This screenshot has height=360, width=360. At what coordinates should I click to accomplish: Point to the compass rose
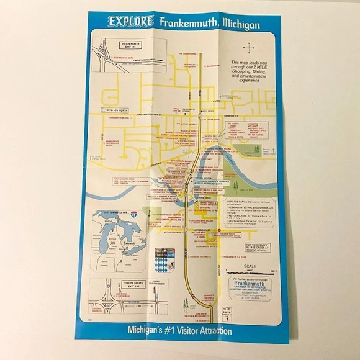[249, 47]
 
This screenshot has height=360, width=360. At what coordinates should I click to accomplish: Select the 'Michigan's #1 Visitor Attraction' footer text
[180, 330]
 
